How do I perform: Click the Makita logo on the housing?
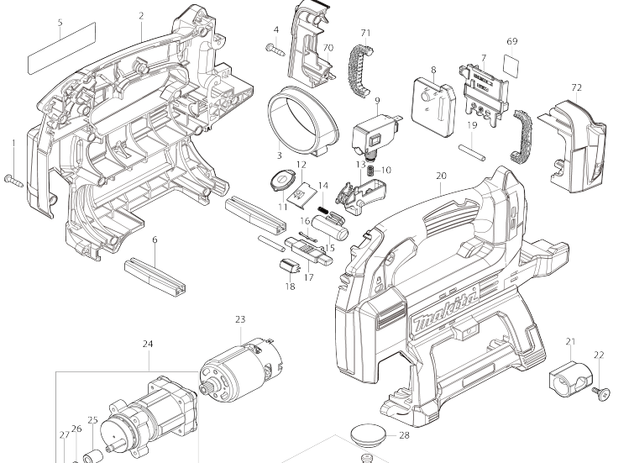pyautogui.click(x=445, y=308)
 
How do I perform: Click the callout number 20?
pyautogui.click(x=441, y=176)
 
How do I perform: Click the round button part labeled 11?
pyautogui.click(x=282, y=178)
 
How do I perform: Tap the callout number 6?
pyautogui.click(x=155, y=239)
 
